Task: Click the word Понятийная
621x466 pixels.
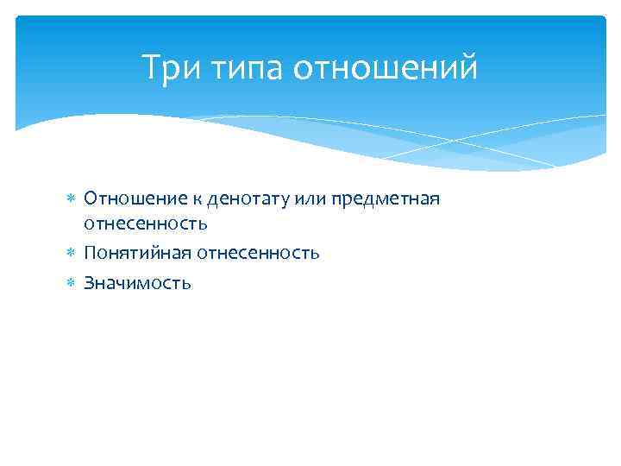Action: pyautogui.click(x=137, y=254)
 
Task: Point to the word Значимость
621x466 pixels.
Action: pyautogui.click(x=137, y=283)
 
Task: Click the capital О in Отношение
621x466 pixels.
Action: pyautogui.click(x=90, y=199)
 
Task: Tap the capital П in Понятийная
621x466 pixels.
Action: pyautogui.click(x=90, y=254)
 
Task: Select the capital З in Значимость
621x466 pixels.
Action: pyautogui.click(x=89, y=283)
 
